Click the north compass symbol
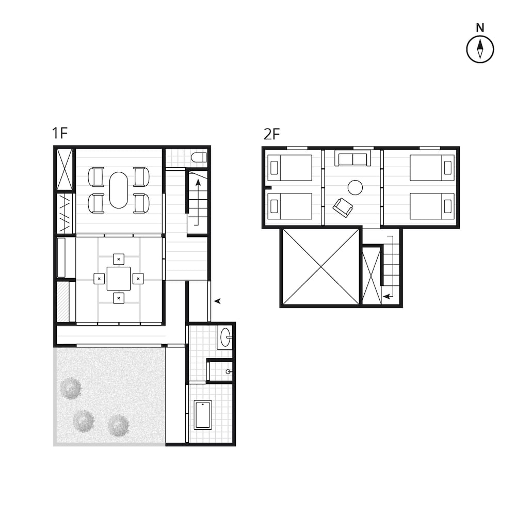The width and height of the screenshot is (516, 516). click(x=480, y=49)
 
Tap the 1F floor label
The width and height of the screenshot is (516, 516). click(x=59, y=134)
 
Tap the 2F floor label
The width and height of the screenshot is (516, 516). click(x=271, y=135)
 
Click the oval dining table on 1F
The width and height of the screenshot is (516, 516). click(x=119, y=190)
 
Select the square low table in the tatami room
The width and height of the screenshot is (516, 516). click(x=119, y=279)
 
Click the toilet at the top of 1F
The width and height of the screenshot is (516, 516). click(x=199, y=157)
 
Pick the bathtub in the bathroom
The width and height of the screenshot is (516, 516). click(x=203, y=414)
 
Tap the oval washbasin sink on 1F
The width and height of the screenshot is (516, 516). click(x=225, y=338)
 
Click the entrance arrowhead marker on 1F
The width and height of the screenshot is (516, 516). click(x=218, y=301)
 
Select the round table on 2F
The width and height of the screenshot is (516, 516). click(x=355, y=187)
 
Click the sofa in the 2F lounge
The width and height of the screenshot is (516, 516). click(x=353, y=158)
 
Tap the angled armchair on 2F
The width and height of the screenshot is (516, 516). click(x=343, y=207)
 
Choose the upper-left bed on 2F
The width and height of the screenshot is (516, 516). click(x=289, y=168)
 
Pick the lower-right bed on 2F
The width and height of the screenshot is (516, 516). click(x=432, y=206)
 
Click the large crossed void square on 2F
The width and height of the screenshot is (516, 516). click(x=320, y=267)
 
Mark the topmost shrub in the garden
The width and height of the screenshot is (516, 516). click(x=70, y=388)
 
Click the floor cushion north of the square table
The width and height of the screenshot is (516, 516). click(x=119, y=259)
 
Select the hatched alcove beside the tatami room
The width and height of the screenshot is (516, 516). click(x=62, y=302)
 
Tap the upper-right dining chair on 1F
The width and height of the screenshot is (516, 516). click(x=141, y=177)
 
